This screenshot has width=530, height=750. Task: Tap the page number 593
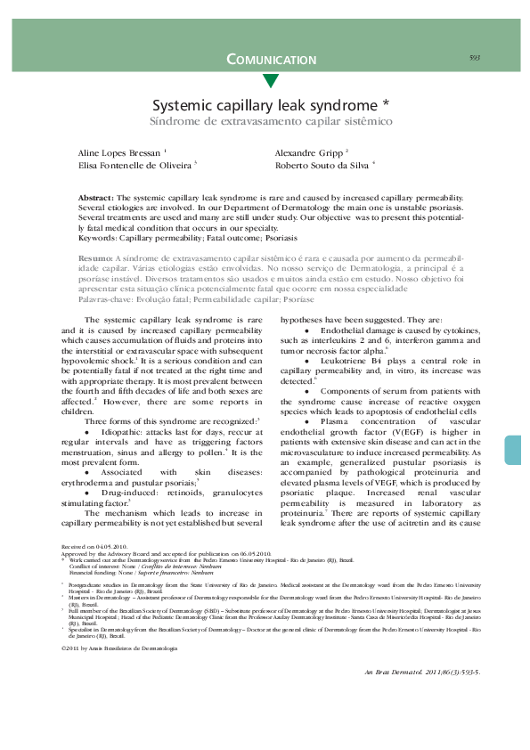(475, 58)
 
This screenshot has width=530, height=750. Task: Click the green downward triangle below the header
(271, 81)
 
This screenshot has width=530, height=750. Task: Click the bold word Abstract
(95, 196)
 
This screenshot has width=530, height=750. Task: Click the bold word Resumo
(94, 257)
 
